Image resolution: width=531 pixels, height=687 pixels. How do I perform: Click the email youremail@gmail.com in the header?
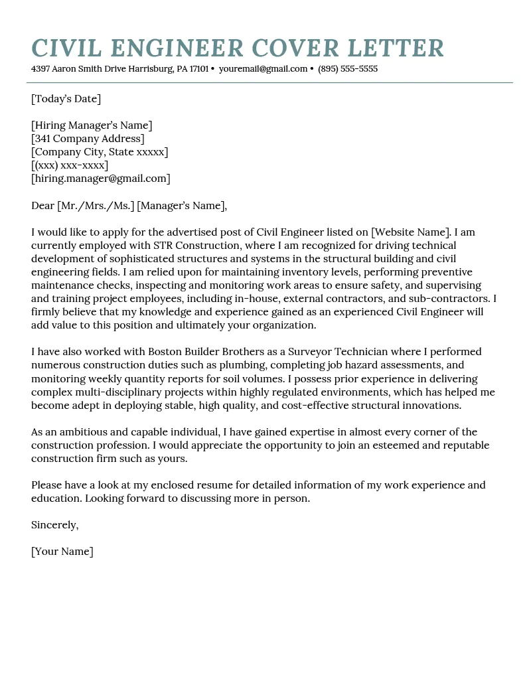pyautogui.click(x=263, y=69)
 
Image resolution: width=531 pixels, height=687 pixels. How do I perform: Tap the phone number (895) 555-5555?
pyautogui.click(x=348, y=69)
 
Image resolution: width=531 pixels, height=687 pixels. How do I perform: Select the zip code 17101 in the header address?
pyautogui.click(x=198, y=69)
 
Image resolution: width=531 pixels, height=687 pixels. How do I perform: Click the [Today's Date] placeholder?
pyautogui.click(x=66, y=99)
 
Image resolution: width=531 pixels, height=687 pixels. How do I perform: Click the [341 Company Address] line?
pyautogui.click(x=88, y=139)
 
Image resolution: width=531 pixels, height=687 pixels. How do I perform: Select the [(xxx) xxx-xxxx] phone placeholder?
pyautogui.click(x=70, y=165)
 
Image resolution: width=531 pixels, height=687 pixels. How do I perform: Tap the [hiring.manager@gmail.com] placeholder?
pyautogui.click(x=101, y=179)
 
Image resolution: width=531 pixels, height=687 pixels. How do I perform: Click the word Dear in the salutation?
pyautogui.click(x=42, y=206)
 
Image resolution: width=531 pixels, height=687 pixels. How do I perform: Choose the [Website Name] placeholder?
pyautogui.click(x=411, y=232)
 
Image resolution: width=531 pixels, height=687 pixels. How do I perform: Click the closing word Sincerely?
pyautogui.click(x=54, y=525)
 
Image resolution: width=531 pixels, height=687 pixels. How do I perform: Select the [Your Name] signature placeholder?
pyautogui.click(x=62, y=552)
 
